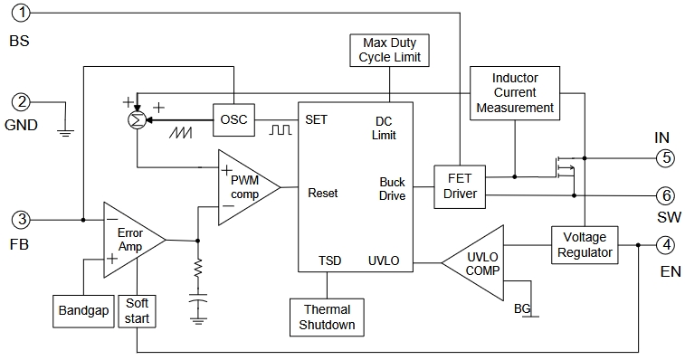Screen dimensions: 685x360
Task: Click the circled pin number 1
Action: click(21, 13)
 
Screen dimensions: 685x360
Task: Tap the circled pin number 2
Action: click(21, 102)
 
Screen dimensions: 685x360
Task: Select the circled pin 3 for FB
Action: click(21, 219)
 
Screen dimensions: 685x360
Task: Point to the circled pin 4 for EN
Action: click(666, 244)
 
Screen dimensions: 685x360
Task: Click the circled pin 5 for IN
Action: click(666, 157)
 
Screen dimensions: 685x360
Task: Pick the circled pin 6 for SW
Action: click(666, 195)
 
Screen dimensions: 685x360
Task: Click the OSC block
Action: click(233, 119)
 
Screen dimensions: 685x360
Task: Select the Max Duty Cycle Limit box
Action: click(390, 51)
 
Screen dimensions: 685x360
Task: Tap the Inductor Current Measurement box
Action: click(515, 93)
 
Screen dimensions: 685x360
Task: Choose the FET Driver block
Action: click(460, 186)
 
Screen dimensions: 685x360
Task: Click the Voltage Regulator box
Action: click(585, 244)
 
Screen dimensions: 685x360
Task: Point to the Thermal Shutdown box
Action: click(327, 317)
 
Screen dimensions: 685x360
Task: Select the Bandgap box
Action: click(83, 311)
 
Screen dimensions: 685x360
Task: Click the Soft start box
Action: click(137, 311)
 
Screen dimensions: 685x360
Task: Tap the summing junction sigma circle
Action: click(138, 120)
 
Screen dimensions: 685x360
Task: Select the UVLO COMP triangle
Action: click(476, 263)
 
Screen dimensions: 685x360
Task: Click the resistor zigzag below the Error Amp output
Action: click(198, 268)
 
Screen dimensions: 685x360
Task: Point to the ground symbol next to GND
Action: click(65, 132)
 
